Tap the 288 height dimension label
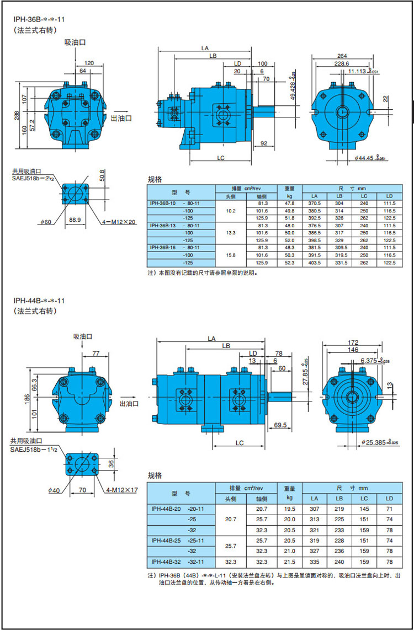17,115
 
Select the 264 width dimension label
342,56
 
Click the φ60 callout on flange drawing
45,222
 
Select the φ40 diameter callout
54,490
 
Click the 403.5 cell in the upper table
315,263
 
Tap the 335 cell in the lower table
315,562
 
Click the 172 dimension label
354,343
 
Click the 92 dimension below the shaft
263,143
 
